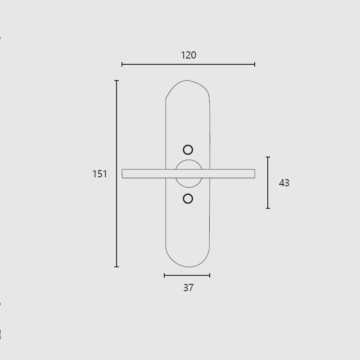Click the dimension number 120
click(189, 55)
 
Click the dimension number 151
click(99, 174)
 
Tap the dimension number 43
click(284, 183)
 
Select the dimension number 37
click(189, 288)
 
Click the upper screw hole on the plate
click(188, 150)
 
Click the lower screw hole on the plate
click(188, 198)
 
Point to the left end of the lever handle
click(122, 174)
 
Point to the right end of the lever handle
click(255, 174)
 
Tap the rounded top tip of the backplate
click(187, 81)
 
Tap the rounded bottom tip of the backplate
click(188, 267)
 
